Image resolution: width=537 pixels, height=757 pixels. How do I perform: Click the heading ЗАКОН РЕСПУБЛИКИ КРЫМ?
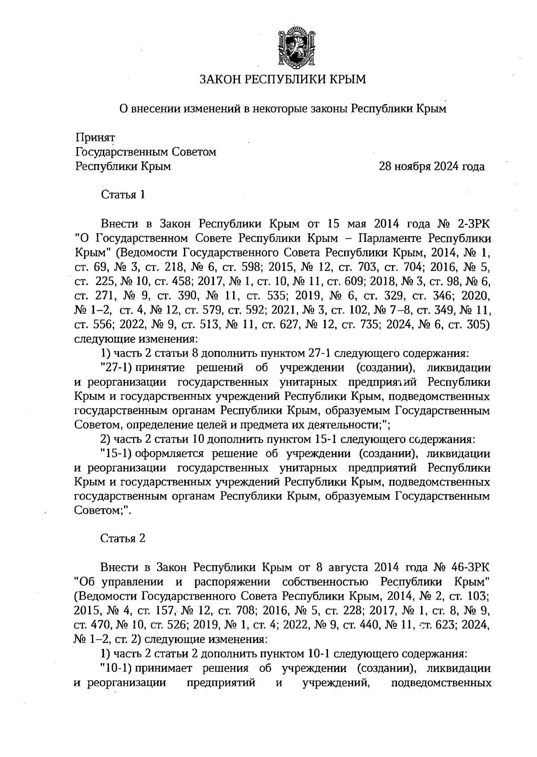click(282, 80)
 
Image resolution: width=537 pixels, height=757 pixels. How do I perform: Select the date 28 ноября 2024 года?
click(431, 167)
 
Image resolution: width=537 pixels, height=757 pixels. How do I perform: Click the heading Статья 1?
click(123, 195)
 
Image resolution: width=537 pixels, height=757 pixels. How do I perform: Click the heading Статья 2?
click(123, 538)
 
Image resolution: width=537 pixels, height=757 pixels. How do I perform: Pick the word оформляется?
click(170, 454)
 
